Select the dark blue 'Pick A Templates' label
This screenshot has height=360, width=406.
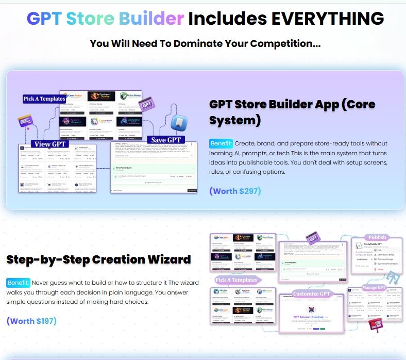click(44, 99)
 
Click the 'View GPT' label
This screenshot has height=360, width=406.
click(49, 144)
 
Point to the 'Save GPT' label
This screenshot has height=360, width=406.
click(166, 139)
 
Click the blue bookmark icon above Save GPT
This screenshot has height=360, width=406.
click(179, 122)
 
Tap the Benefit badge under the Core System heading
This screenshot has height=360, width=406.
click(221, 143)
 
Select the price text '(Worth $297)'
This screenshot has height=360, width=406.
click(235, 191)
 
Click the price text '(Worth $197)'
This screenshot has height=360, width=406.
click(31, 321)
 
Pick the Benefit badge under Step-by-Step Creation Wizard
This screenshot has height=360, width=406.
click(19, 283)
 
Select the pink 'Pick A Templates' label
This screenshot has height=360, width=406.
click(236, 280)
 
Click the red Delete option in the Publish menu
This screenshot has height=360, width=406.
click(380, 269)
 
